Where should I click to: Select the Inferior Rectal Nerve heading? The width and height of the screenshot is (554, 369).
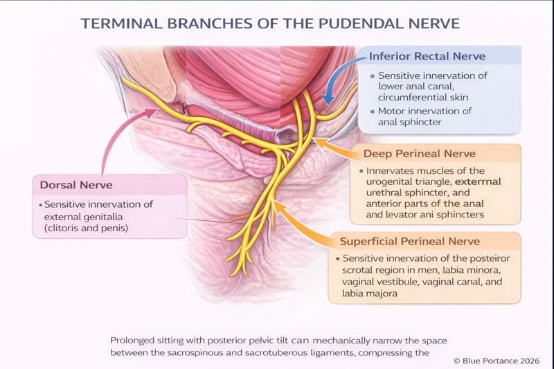pos(427,56)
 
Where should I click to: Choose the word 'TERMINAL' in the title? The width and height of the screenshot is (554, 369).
pos(121,23)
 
